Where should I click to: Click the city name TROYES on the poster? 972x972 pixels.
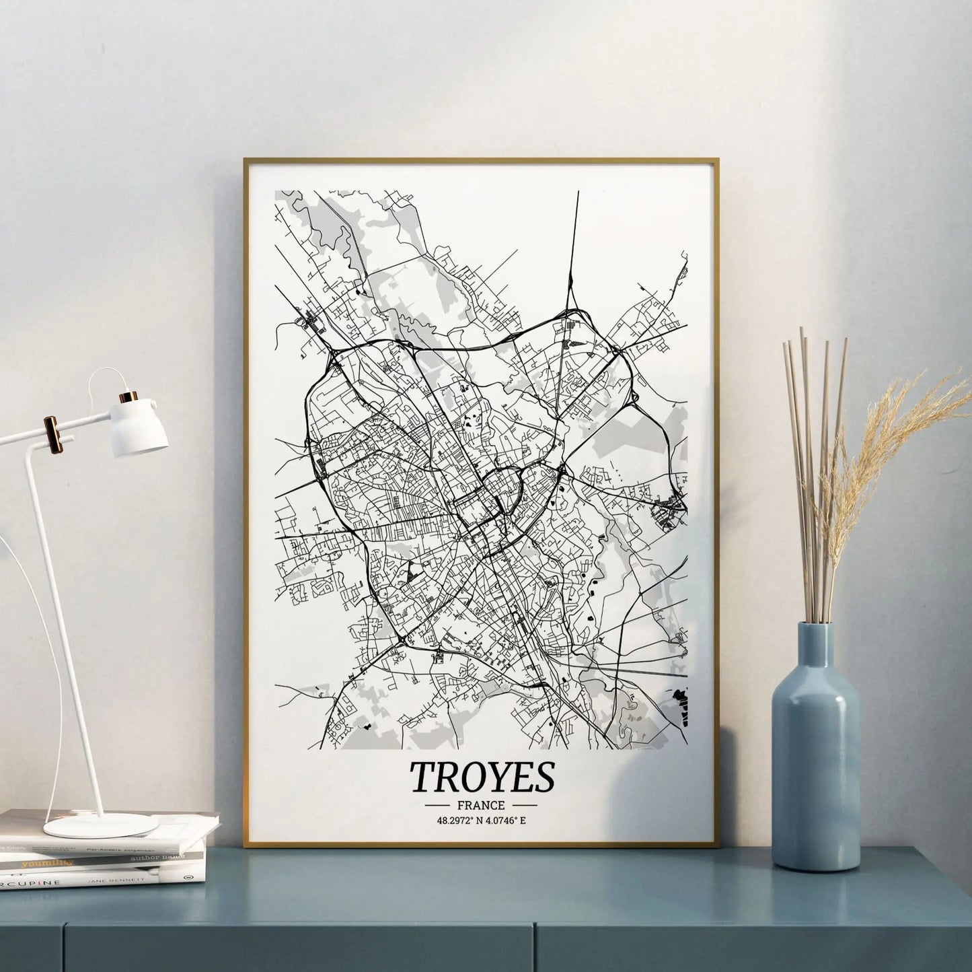point(482,776)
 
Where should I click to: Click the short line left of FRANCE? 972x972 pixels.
point(438,805)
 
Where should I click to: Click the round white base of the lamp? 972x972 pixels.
point(101,825)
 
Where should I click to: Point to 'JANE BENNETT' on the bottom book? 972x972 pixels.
point(162,879)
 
